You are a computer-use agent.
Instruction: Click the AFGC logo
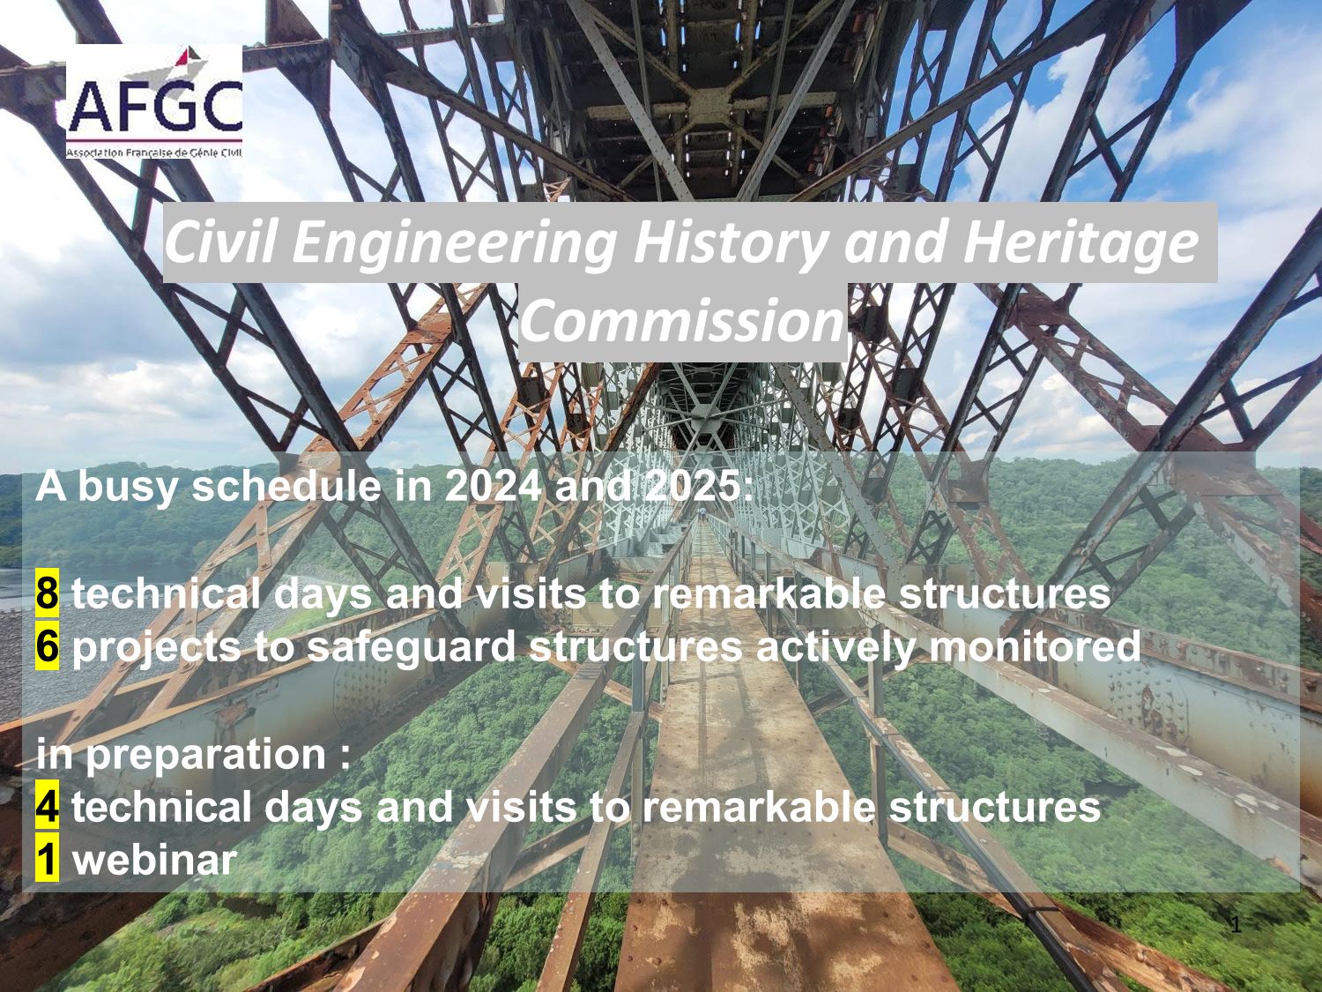pyautogui.click(x=154, y=101)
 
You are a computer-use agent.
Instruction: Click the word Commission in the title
pyautogui.click(x=680, y=321)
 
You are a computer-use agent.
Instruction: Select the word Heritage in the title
pyautogui.click(x=1080, y=242)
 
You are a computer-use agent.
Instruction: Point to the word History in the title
pyautogui.click(x=729, y=242)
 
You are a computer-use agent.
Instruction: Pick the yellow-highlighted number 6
pyautogui.click(x=47, y=646)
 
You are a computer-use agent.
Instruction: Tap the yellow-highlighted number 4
pyautogui.click(x=47, y=807)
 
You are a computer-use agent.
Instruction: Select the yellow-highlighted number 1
pyautogui.click(x=47, y=860)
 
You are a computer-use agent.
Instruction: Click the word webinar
pyautogui.click(x=154, y=860)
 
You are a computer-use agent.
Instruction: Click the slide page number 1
pyautogui.click(x=1236, y=924)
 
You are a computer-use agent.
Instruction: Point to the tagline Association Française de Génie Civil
pyautogui.click(x=154, y=153)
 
